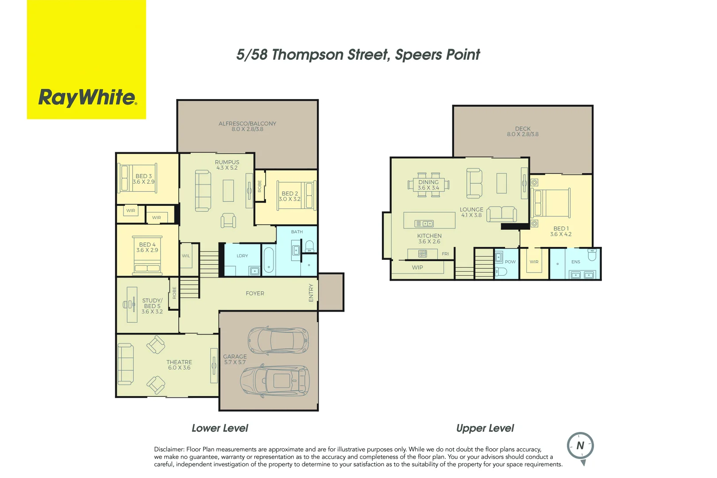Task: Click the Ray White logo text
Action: [87, 97]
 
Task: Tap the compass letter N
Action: [580, 446]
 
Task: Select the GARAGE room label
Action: [235, 357]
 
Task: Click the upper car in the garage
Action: [278, 340]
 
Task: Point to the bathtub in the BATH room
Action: [268, 260]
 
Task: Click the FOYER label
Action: [255, 293]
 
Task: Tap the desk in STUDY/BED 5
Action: [131, 305]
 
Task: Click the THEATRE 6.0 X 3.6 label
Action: [179, 365]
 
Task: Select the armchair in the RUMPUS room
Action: [228, 220]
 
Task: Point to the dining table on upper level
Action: [428, 185]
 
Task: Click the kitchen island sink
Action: [424, 224]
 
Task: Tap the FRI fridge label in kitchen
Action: [445, 254]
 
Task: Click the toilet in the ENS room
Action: [592, 255]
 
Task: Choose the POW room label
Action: [510, 262]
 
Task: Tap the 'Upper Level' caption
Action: [485, 428]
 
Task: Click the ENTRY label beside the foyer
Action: [311, 293]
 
